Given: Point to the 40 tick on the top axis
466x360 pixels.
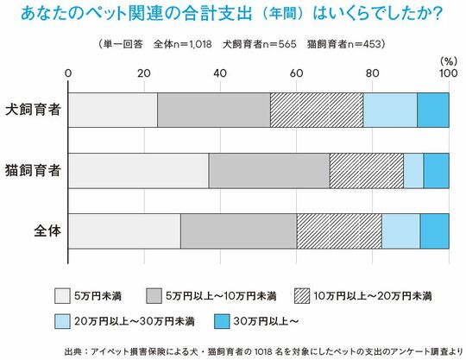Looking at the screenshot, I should pyautogui.click(x=219, y=73).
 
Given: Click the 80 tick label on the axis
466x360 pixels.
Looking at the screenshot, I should pyautogui.click(x=372, y=73).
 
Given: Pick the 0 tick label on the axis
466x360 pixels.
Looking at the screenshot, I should pyautogui.click(x=69, y=73).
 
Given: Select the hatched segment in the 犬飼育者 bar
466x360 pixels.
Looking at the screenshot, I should pyautogui.click(x=316, y=111).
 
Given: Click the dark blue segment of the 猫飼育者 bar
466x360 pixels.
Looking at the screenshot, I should pyautogui.click(x=436, y=171).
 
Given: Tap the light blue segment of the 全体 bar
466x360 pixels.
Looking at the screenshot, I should pyautogui.click(x=400, y=231).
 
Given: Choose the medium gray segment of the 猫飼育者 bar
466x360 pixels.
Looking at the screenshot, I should pyautogui.click(x=268, y=171).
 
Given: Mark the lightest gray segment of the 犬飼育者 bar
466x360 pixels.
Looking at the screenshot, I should pyautogui.click(x=113, y=111).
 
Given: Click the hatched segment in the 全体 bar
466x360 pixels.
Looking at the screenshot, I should pyautogui.click(x=339, y=231).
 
